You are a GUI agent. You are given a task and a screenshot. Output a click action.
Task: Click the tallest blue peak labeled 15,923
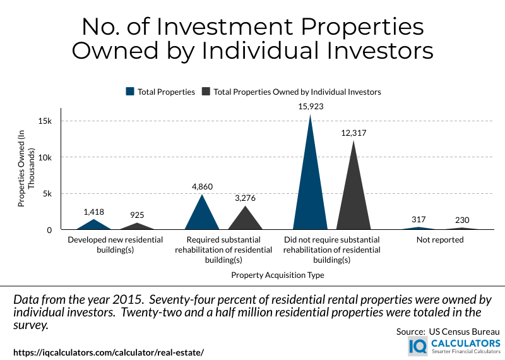pyautogui.click(x=310, y=189)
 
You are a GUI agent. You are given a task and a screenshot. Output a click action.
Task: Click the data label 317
pyautogui.click(x=419, y=220)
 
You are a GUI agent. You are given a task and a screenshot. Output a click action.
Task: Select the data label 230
pyautogui.click(x=461, y=220)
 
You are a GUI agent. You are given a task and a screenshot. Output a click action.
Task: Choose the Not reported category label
pyautogui.click(x=440, y=240)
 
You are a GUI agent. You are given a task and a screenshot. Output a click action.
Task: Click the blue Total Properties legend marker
pyautogui.click(x=130, y=92)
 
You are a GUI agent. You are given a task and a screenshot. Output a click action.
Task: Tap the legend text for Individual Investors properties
pyautogui.click(x=297, y=92)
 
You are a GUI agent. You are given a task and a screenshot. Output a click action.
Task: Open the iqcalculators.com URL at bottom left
pyautogui.click(x=109, y=352)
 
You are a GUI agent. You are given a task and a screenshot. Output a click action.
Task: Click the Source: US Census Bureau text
pyautogui.click(x=448, y=332)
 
